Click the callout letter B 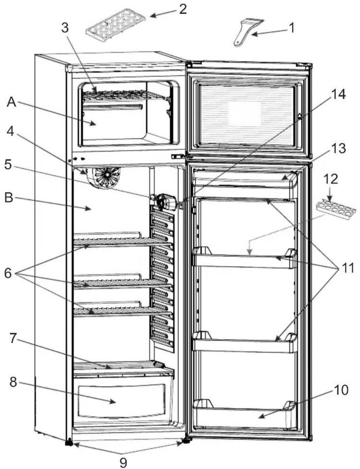point(9,197)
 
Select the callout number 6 point(8,273)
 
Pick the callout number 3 point(65,28)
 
